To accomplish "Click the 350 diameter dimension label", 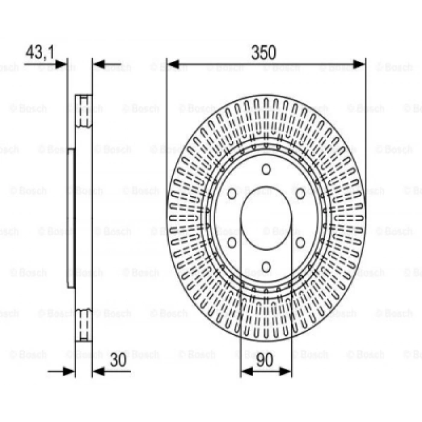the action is tap(263, 52).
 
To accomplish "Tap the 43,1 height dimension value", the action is tap(40, 52).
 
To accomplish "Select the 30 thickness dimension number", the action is tap(118, 360).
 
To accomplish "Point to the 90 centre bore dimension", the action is tap(265, 360).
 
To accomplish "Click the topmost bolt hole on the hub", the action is tap(266, 169).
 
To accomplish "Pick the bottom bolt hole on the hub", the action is tap(266, 266).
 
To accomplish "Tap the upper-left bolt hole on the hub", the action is tap(232, 194).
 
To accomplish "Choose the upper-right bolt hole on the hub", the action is tap(300, 194).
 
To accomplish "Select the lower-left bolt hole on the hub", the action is tap(232, 242).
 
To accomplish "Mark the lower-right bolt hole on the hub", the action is tap(300, 242).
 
